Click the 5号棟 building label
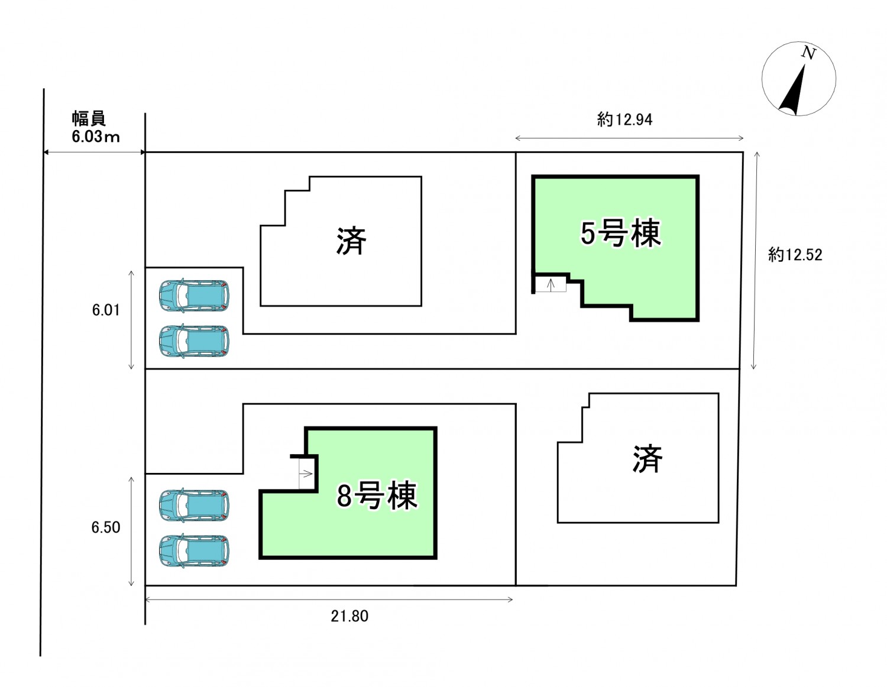click(x=620, y=233)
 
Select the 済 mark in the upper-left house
click(x=351, y=241)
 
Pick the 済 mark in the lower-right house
click(x=647, y=459)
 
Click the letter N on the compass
click(x=808, y=53)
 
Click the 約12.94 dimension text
click(x=624, y=120)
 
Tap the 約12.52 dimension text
click(x=795, y=255)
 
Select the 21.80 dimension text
click(x=349, y=616)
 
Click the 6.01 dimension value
click(x=106, y=310)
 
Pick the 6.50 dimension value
click(x=106, y=527)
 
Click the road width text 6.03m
click(x=95, y=137)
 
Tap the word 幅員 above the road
click(x=89, y=118)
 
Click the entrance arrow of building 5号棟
click(x=551, y=285)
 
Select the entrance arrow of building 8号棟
click(x=306, y=474)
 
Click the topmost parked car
click(x=194, y=295)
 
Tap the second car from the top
click(x=194, y=341)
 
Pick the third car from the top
click(x=194, y=505)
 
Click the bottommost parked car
click(x=194, y=551)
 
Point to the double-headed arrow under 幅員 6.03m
click(x=95, y=153)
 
